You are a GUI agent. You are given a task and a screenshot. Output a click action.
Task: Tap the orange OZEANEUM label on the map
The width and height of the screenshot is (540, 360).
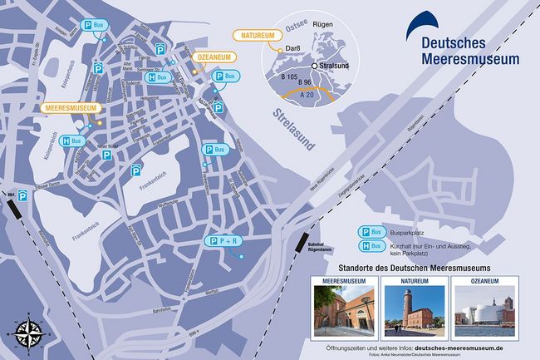[215, 57]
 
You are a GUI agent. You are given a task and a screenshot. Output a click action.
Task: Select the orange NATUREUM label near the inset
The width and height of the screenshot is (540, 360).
[255, 36]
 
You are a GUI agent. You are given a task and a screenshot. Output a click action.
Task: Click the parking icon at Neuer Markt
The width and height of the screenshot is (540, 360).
[106, 155]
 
